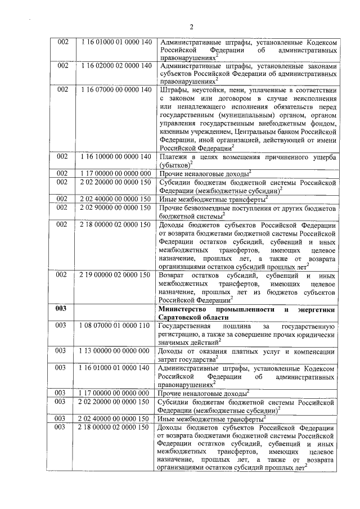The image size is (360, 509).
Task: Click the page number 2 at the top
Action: pyautogui.click(x=191, y=27)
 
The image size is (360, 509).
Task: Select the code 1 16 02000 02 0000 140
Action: pyautogui.click(x=116, y=66)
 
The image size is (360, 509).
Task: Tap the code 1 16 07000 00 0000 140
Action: pyautogui.click(x=116, y=89)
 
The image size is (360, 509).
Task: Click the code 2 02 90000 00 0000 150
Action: pyautogui.click(x=116, y=208)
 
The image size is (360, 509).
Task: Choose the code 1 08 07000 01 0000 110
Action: pyautogui.click(x=116, y=326)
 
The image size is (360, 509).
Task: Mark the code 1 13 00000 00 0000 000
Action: pyautogui.click(x=116, y=351)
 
